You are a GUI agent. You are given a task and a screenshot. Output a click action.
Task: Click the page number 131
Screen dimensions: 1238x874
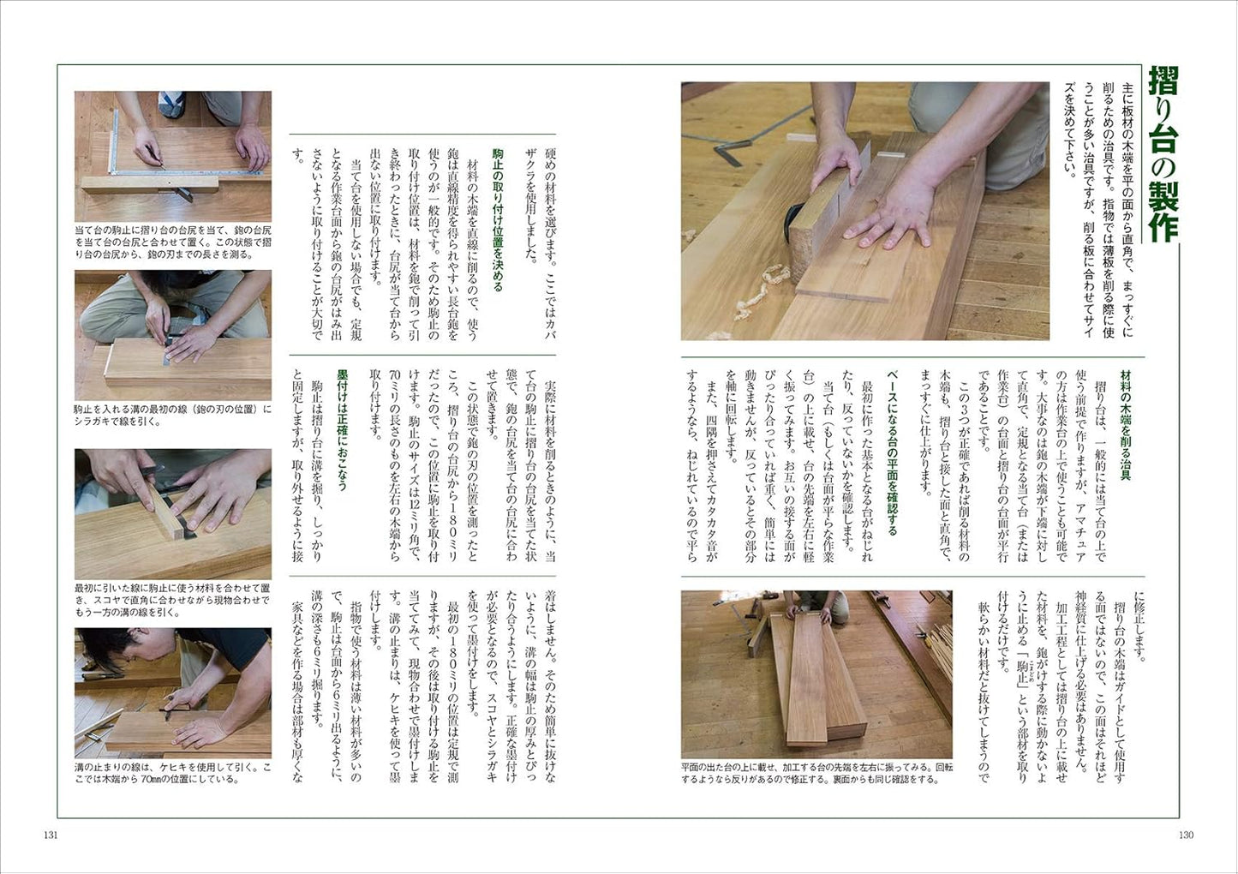click(x=51, y=835)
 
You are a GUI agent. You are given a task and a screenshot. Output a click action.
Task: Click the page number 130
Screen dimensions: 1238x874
click(x=1186, y=835)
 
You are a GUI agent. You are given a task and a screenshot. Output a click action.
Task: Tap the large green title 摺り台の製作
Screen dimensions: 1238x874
click(x=1161, y=161)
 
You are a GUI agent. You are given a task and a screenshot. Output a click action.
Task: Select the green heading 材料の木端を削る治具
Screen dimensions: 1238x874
click(x=1121, y=425)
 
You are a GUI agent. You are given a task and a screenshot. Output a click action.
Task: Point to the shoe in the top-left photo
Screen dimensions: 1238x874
click(x=172, y=104)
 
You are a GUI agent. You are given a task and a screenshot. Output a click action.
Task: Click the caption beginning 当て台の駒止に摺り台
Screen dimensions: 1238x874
click(x=173, y=242)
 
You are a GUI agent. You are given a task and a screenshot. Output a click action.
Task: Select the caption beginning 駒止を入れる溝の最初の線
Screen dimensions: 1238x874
click(x=173, y=416)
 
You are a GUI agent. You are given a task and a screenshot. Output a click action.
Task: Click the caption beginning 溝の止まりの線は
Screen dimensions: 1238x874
click(x=173, y=774)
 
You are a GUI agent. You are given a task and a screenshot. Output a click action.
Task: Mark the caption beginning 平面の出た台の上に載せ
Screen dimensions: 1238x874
click(x=816, y=774)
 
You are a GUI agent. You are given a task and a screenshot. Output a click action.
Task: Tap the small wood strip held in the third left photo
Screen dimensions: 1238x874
click(x=166, y=512)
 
